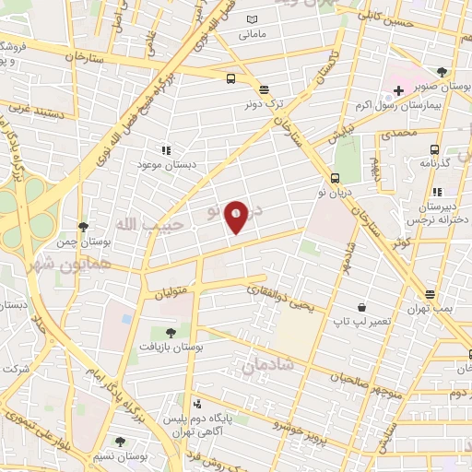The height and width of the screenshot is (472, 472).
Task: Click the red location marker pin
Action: tap(237, 215)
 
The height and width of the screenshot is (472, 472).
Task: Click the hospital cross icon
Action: tap(398, 90)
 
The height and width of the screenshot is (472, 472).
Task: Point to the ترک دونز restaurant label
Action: tap(265, 105)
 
